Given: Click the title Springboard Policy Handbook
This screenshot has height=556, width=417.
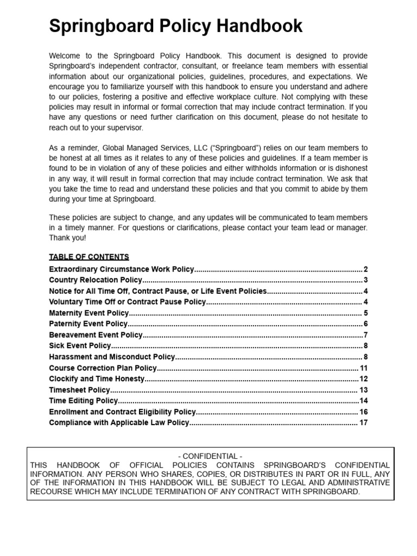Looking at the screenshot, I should pos(176,26).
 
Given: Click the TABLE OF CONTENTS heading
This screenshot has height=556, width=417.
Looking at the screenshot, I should pos(89,257).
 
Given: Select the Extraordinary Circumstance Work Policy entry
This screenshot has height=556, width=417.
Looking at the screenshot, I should pos(121,269).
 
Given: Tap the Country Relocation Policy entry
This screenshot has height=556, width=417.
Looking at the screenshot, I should pos(96,280).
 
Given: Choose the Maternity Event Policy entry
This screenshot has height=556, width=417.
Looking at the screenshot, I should pos(89,313).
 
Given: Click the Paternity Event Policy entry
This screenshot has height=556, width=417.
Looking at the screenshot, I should pos(88,324).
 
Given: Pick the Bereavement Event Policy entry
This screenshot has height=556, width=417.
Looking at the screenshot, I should pos(96,335).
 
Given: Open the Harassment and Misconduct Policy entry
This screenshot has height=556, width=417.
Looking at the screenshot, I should pos(112,357).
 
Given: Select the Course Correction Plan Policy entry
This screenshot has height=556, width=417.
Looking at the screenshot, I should pos(103,368).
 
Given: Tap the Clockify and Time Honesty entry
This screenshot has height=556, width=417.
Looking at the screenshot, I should pos(97,379).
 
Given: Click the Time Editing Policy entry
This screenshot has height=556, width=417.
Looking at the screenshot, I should pos(83,401).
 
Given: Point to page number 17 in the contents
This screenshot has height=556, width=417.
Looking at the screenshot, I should pos(364,422).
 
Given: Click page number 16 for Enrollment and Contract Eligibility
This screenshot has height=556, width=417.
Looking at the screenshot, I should pos(364,412).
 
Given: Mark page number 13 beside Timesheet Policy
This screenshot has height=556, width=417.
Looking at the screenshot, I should pos(364,390).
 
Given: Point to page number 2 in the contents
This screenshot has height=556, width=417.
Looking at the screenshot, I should pos(366,269).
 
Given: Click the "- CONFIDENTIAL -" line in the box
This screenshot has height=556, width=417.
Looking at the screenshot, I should pos(210,456).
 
